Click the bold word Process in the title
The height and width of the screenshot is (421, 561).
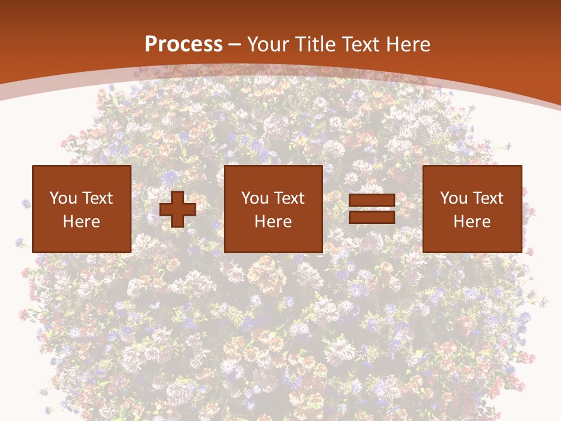pyautogui.click(x=183, y=44)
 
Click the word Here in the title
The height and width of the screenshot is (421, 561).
pyautogui.click(x=408, y=44)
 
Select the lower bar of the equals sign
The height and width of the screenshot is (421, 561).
pyautogui.click(x=372, y=218)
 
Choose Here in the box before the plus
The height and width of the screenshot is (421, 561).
pyautogui.click(x=81, y=222)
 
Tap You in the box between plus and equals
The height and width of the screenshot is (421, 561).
pyautogui.click(x=254, y=198)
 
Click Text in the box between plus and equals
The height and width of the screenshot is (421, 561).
pyautogui.click(x=289, y=198)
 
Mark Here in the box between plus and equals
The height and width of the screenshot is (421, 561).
pyautogui.click(x=273, y=222)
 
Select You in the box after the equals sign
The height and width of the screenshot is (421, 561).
pyautogui.click(x=453, y=198)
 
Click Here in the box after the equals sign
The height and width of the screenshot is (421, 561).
pyautogui.click(x=472, y=222)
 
